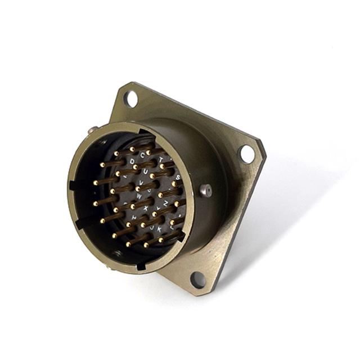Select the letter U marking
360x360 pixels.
click(146, 171)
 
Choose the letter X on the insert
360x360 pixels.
click(146, 208)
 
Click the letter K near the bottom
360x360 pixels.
click(159, 228)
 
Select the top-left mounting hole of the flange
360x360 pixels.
click(131, 100)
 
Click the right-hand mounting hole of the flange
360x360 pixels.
click(246, 152)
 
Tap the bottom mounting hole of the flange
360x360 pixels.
click(198, 278)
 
